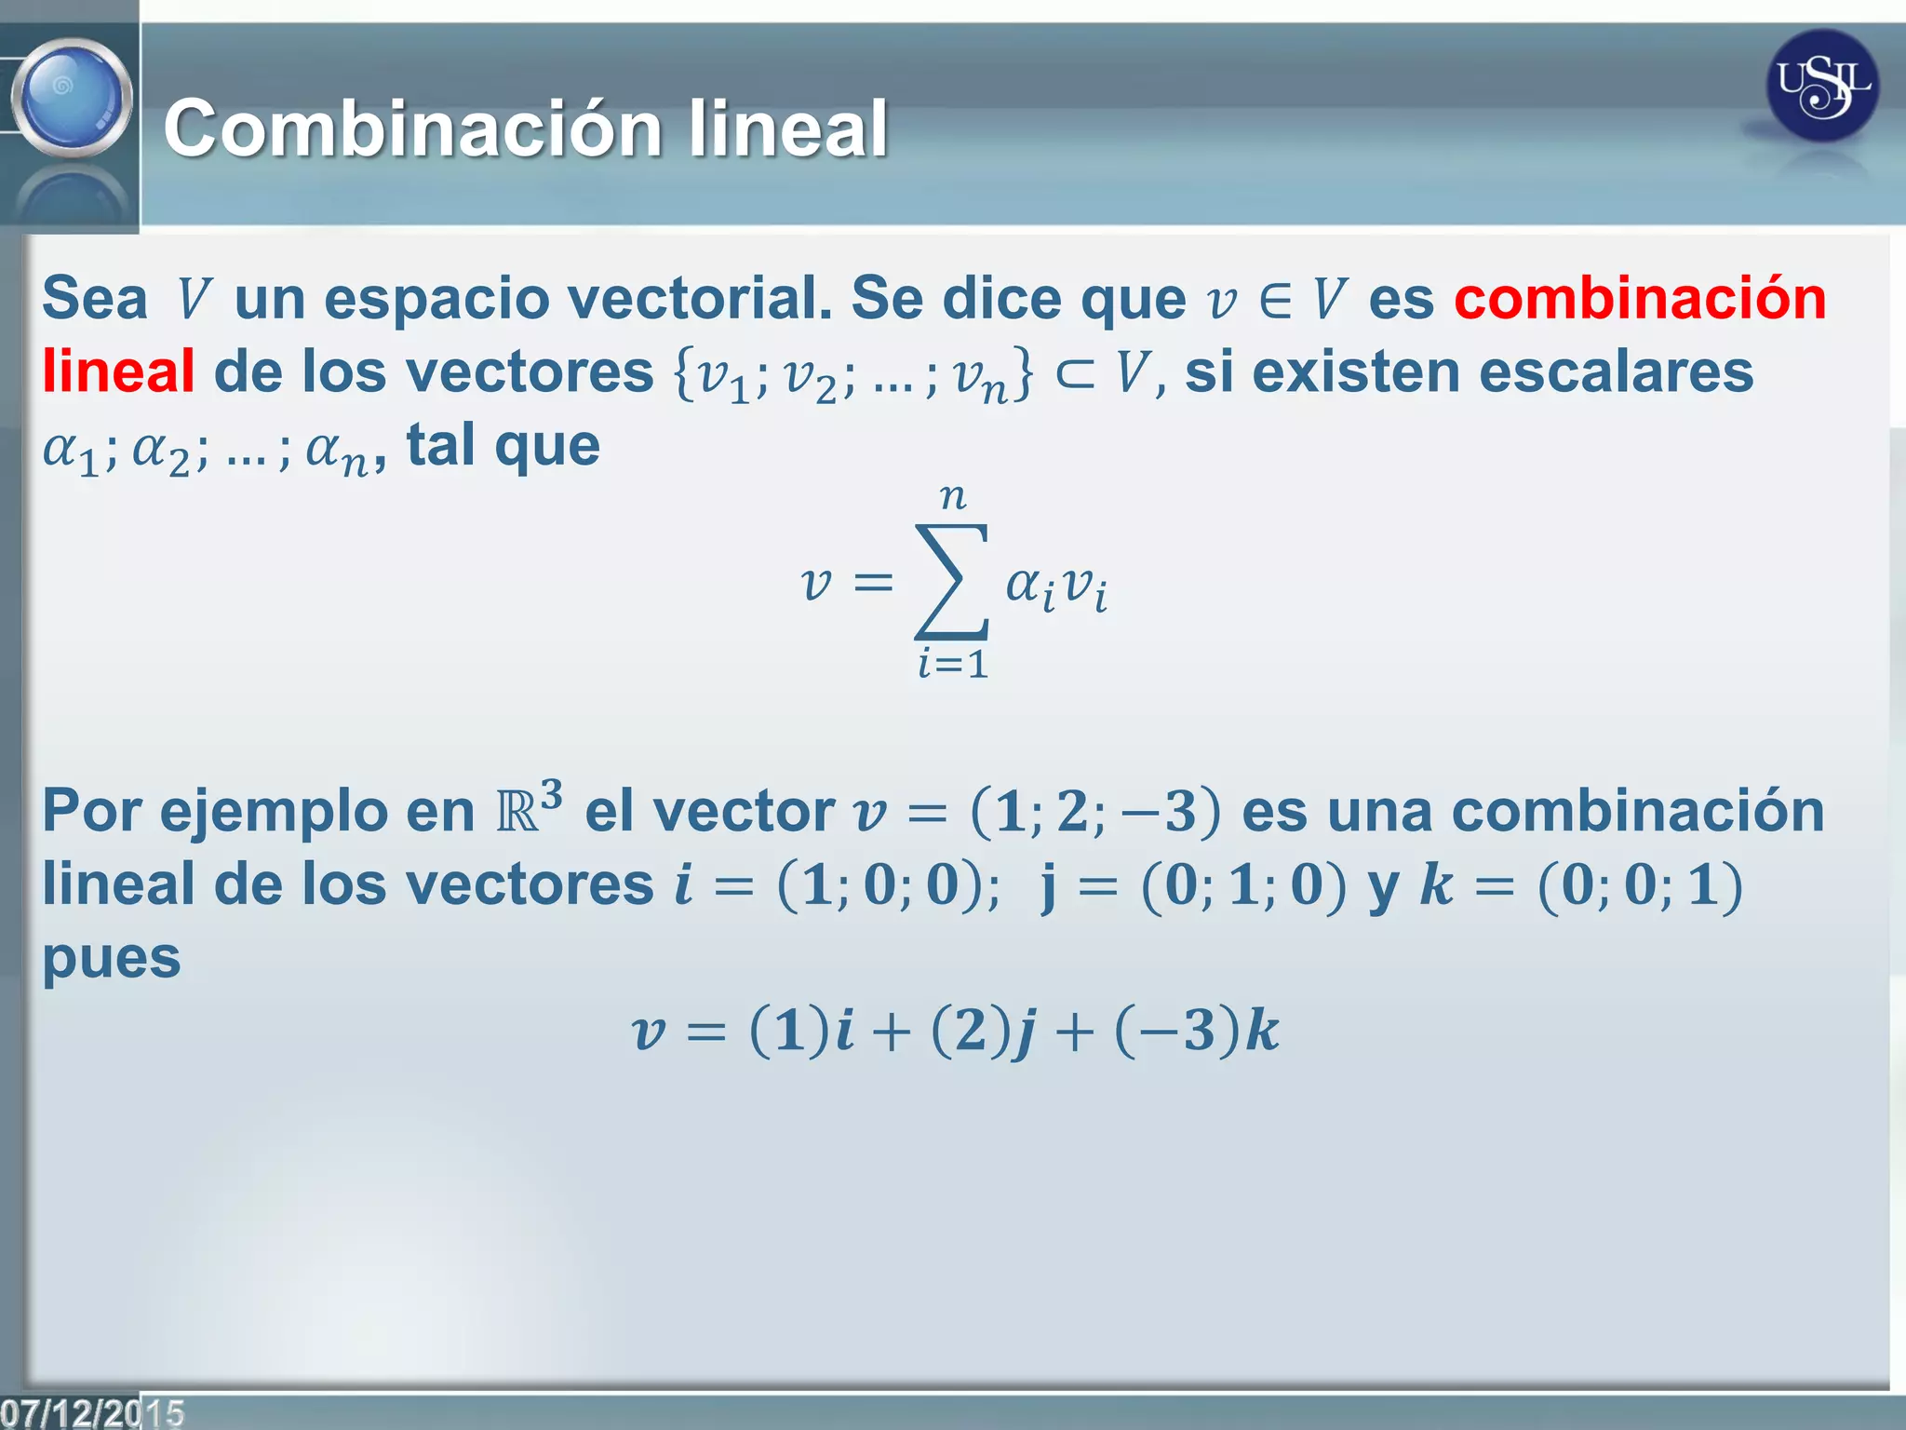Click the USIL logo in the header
click(x=1821, y=86)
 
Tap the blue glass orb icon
click(x=72, y=97)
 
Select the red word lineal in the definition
click(x=118, y=371)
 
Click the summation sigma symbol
click(x=952, y=582)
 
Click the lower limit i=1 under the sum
click(x=953, y=665)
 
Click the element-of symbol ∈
click(x=1274, y=301)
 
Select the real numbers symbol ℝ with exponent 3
click(x=528, y=808)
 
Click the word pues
click(x=112, y=957)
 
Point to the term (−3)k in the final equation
click(x=1197, y=1032)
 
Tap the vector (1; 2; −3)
click(x=1094, y=811)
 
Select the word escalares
click(x=1616, y=371)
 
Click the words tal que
click(x=503, y=445)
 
